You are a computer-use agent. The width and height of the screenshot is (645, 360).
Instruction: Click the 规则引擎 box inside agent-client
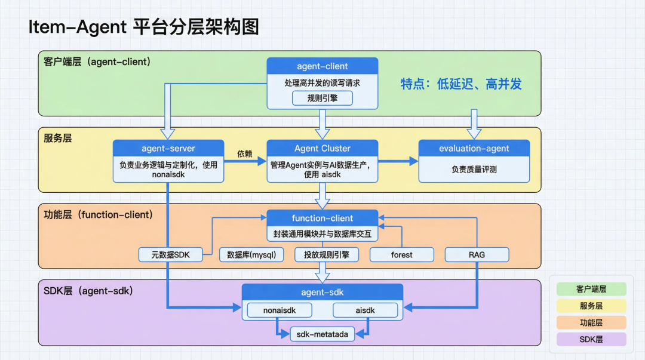(322, 99)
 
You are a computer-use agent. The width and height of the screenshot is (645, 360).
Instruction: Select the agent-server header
(168, 148)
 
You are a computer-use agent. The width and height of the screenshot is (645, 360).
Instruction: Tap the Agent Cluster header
(322, 148)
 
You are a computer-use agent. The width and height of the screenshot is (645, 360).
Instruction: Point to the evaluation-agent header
(474, 148)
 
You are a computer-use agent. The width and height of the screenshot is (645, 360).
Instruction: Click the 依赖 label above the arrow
(245, 153)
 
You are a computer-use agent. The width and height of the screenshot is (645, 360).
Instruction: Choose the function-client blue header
(322, 218)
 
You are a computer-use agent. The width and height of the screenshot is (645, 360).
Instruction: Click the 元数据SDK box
(170, 255)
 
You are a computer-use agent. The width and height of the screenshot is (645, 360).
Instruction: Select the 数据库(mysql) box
(251, 255)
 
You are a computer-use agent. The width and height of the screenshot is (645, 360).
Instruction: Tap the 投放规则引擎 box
(327, 255)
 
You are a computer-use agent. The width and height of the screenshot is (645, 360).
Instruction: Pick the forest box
(401, 255)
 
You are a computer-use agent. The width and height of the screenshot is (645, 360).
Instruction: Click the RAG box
(477, 255)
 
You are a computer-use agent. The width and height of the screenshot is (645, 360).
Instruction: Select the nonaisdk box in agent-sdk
(279, 310)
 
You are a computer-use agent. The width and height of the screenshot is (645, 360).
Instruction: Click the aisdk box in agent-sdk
(365, 310)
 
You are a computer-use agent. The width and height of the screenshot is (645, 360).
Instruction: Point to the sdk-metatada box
(322, 334)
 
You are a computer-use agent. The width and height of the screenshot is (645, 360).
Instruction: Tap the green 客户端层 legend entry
(591, 289)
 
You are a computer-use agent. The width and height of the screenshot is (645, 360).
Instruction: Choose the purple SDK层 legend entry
(591, 340)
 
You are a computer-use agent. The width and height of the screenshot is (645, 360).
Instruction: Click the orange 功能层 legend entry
(591, 322)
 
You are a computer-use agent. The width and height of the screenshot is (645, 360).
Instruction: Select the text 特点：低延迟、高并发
(461, 84)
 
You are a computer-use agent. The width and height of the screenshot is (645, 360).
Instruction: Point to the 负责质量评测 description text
(474, 169)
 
